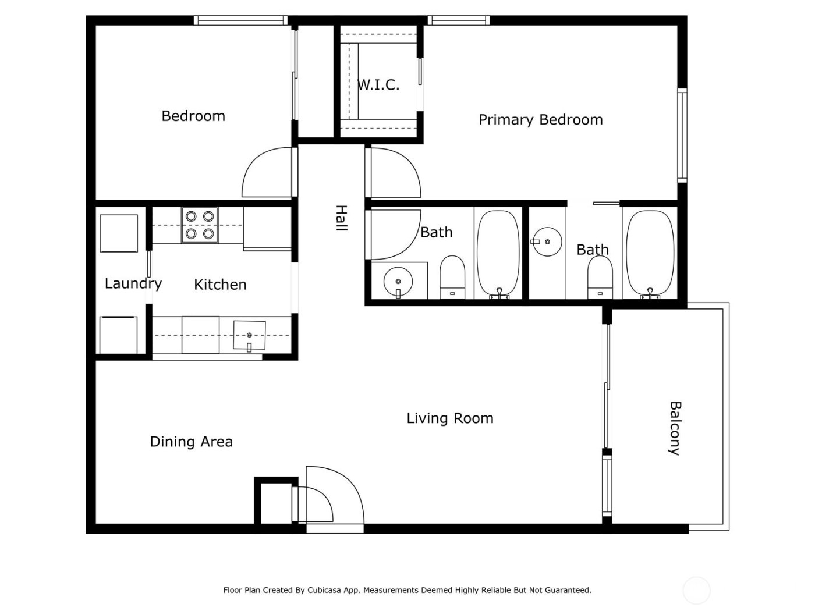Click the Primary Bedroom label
[x=540, y=120]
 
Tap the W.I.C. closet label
[x=378, y=85]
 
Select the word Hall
[x=341, y=218]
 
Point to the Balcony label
[x=675, y=428]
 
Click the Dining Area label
[x=191, y=442]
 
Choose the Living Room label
[x=449, y=418]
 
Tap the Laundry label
[x=133, y=284]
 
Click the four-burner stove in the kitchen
[x=199, y=225]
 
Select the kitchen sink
[x=249, y=336]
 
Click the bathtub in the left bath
[x=498, y=254]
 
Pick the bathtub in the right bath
[x=650, y=254]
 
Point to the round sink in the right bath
[x=547, y=241]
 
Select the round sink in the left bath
[x=398, y=282]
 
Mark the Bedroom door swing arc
[x=265, y=173]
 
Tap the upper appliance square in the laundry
[x=119, y=233]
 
